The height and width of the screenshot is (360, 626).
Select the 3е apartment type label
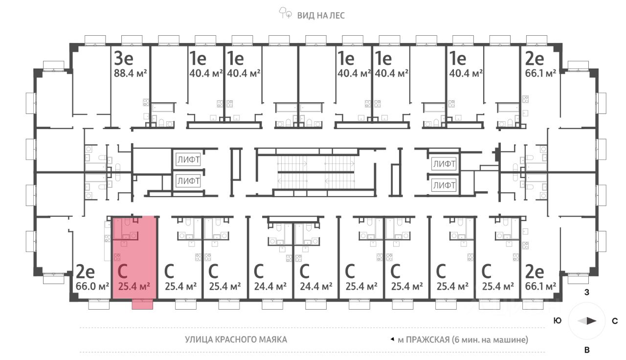tap(124, 59)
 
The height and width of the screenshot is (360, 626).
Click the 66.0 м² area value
tap(92, 286)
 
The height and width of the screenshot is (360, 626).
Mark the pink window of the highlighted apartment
tap(142, 305)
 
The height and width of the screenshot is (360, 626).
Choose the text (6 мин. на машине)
tap(490, 339)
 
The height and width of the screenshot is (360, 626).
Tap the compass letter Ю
tap(557, 321)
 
